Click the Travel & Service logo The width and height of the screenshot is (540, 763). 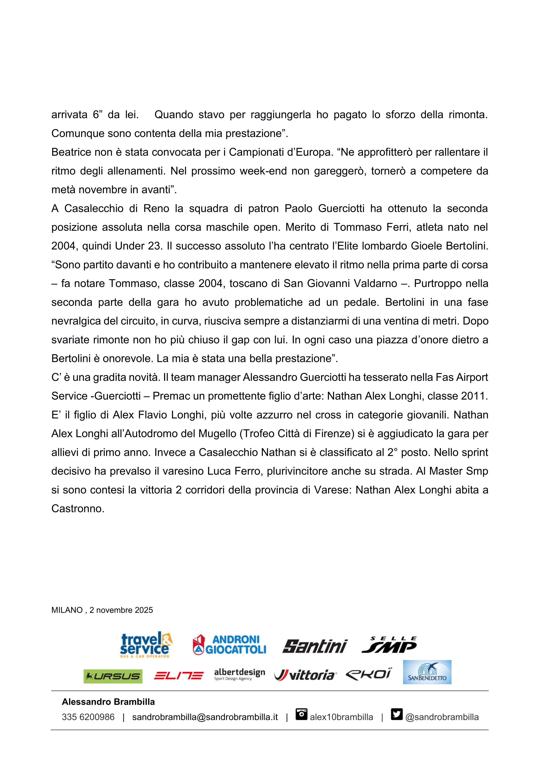pos(146,644)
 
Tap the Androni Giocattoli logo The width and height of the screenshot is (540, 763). pos(229,645)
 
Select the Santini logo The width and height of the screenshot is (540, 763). pos(315,646)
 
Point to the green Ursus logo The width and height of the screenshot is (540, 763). pos(113,676)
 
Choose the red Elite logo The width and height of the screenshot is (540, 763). pos(178,676)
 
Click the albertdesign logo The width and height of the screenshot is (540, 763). pos(239,675)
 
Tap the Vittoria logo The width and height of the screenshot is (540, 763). pos(305,675)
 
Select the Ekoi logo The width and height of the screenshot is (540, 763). pos(369,674)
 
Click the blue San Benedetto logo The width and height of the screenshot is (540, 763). pos(427,672)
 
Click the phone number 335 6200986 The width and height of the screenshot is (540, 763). pos(88,717)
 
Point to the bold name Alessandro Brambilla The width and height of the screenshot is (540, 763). pos(108,702)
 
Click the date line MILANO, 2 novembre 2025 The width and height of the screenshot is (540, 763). pos(102,610)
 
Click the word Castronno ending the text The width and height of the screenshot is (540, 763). pos(77,509)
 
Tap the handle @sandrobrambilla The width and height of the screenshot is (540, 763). pos(442,717)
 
